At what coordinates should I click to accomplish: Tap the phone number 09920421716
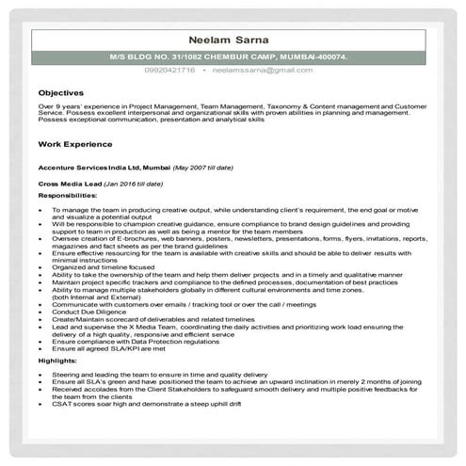pyautogui.click(x=170, y=71)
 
